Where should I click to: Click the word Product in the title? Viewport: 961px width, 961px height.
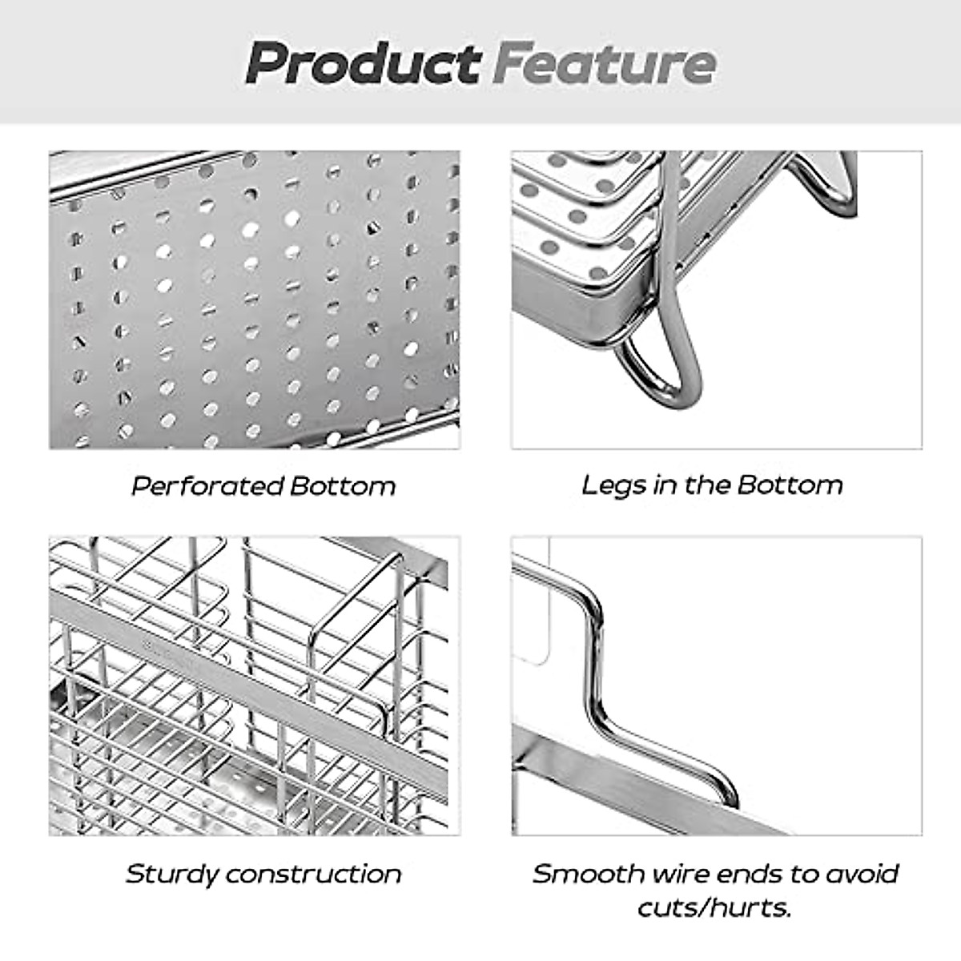tap(363, 63)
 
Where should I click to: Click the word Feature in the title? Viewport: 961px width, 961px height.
tap(604, 63)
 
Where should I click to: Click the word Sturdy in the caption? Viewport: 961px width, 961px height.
tap(171, 873)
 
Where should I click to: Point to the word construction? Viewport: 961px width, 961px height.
tap(313, 873)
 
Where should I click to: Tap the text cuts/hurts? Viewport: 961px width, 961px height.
tap(714, 908)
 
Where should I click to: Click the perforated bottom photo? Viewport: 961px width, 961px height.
tap(255, 300)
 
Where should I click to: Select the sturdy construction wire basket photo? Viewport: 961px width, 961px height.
tap(255, 686)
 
